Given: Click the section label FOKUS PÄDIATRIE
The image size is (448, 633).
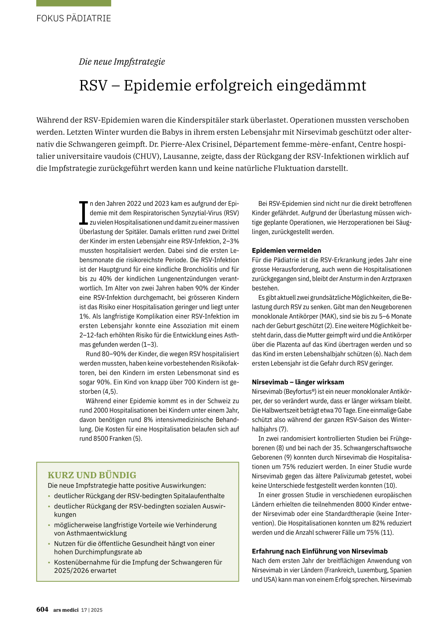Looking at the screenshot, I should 73,18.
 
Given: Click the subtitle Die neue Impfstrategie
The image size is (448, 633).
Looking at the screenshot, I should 122,62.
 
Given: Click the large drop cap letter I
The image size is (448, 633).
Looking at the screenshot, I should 83,213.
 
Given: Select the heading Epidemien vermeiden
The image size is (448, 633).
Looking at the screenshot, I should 286,250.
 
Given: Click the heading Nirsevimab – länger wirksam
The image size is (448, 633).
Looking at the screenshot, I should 298,382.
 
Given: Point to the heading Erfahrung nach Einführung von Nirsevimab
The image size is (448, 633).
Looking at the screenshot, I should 320,551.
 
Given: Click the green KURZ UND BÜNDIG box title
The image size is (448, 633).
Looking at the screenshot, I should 92,475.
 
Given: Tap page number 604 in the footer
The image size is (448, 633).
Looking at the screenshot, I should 42,609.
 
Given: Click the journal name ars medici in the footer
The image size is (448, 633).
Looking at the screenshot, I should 66,610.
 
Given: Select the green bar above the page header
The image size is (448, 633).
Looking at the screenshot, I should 73,3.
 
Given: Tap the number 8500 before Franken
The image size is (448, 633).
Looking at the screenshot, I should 101,438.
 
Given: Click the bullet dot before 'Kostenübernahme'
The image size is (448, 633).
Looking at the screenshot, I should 49,563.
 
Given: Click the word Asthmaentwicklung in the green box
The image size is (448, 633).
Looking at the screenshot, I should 90,533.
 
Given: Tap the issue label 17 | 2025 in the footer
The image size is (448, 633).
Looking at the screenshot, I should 92,610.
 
